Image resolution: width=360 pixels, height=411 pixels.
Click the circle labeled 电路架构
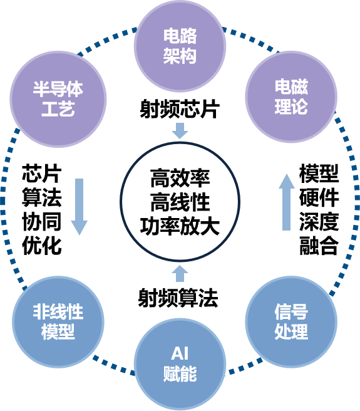[x=180, y=46]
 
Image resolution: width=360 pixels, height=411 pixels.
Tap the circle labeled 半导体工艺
[x=58, y=100]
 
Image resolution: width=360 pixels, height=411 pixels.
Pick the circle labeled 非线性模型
[x=58, y=321]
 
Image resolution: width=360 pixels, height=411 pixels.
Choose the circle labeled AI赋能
[x=180, y=365]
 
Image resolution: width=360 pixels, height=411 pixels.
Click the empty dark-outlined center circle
[x=180, y=200]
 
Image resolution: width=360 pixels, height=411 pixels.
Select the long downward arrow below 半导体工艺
[x=79, y=207]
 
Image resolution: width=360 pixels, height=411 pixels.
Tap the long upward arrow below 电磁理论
[x=287, y=202]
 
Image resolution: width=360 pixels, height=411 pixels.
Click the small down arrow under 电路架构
[x=180, y=130]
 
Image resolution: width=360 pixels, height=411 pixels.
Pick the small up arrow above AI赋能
[x=180, y=273]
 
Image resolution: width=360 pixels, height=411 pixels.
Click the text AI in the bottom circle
[x=180, y=356]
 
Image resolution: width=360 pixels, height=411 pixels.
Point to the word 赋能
[x=180, y=375]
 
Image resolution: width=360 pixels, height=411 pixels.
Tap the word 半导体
[x=58, y=90]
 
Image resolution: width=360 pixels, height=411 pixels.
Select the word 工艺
[x=58, y=110]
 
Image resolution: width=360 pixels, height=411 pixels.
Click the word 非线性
[x=58, y=311]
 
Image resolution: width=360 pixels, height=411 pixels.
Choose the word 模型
[x=58, y=331]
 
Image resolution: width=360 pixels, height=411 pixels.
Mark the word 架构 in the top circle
[x=180, y=56]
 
